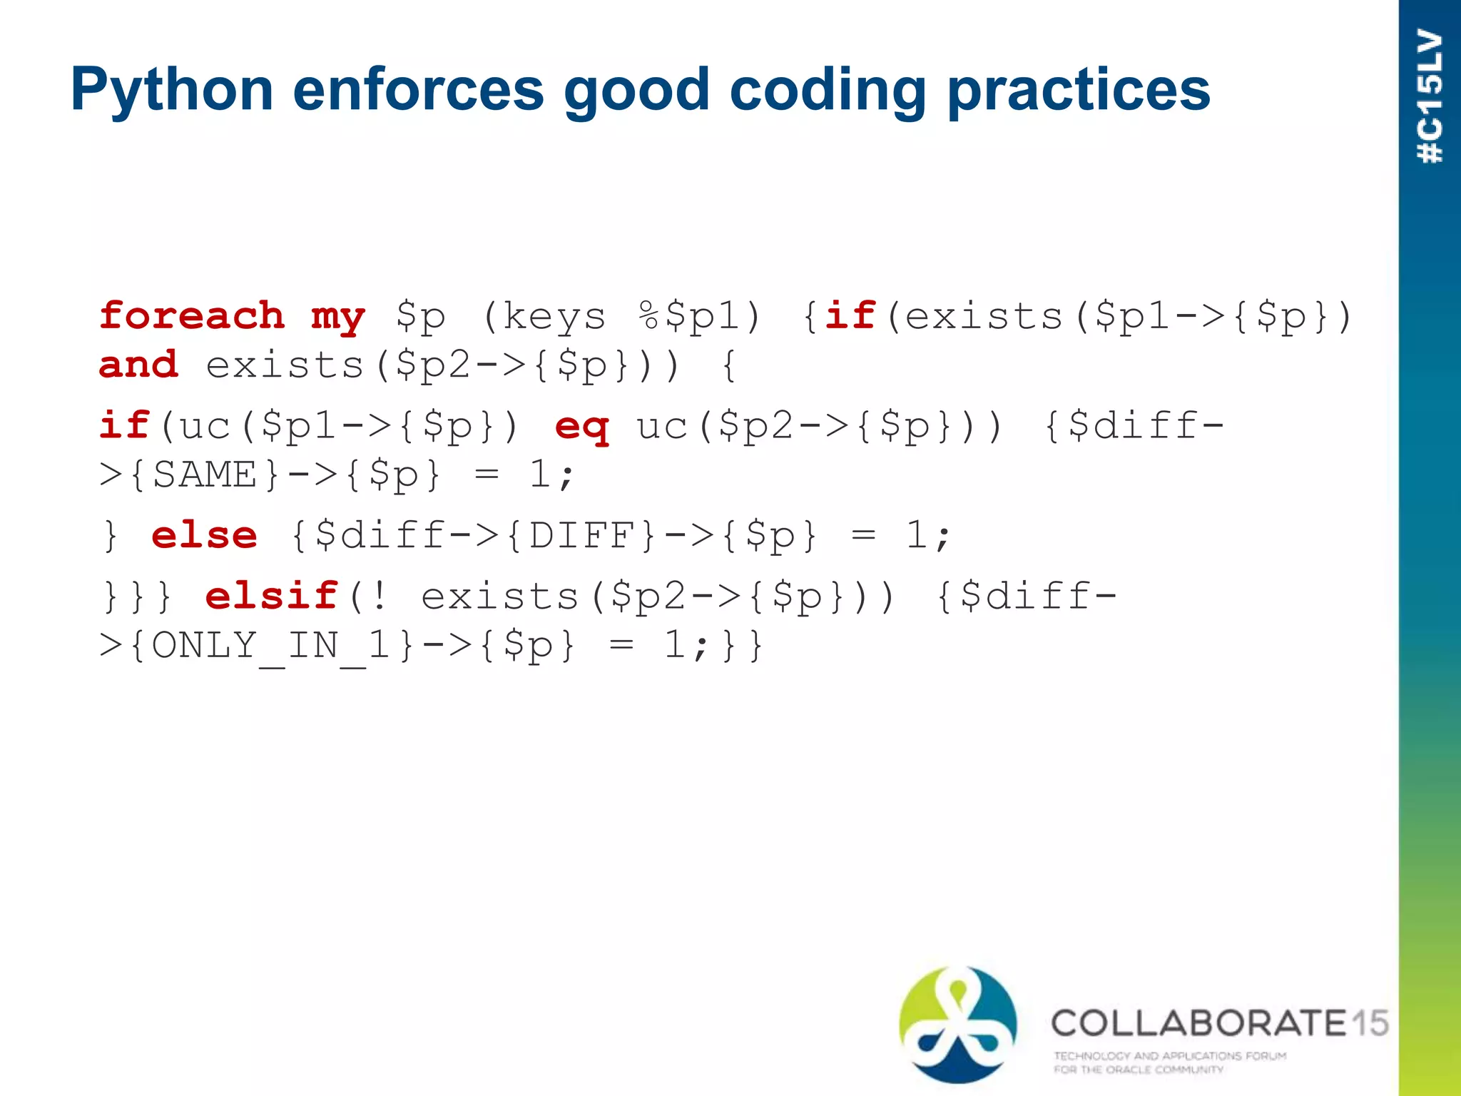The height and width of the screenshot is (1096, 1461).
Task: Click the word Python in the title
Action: [x=172, y=90]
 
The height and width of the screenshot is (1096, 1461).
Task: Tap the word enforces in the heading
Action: [x=418, y=90]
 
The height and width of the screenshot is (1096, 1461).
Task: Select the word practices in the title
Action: [x=1079, y=90]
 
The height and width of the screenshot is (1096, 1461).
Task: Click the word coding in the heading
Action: [x=828, y=90]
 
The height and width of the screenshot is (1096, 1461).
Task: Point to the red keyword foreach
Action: [x=192, y=315]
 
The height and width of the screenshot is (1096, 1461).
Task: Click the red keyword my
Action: [x=338, y=317]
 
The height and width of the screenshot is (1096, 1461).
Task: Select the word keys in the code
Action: [x=554, y=317]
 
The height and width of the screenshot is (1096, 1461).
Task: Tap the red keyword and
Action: [x=138, y=365]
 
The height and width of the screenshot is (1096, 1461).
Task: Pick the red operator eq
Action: [x=582, y=427]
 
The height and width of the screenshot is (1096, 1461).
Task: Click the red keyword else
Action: [x=205, y=535]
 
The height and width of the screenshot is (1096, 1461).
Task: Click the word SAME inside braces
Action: [x=205, y=475]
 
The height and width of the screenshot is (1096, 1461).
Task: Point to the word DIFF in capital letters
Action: [x=581, y=535]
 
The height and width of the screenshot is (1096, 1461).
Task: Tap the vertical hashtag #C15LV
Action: [x=1430, y=96]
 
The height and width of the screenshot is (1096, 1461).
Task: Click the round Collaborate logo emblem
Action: [x=958, y=1025]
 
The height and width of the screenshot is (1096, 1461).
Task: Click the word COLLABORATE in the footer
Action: [x=1198, y=1023]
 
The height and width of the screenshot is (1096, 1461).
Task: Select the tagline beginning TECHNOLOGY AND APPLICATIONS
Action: [x=1170, y=1062]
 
